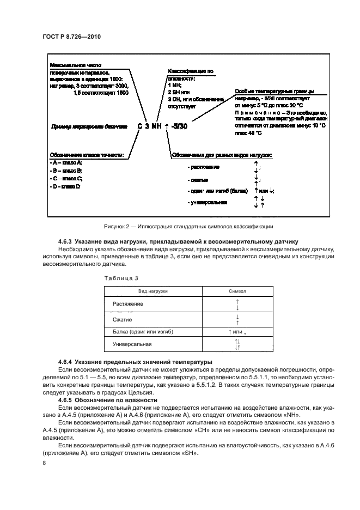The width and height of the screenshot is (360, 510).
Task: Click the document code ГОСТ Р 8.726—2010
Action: (71, 37)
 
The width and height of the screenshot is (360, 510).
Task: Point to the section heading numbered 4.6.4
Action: (120, 362)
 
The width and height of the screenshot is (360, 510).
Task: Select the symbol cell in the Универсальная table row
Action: (237, 344)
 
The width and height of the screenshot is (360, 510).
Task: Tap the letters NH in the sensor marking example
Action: (156, 126)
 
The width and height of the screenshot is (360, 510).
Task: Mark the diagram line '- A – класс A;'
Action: (65, 163)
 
